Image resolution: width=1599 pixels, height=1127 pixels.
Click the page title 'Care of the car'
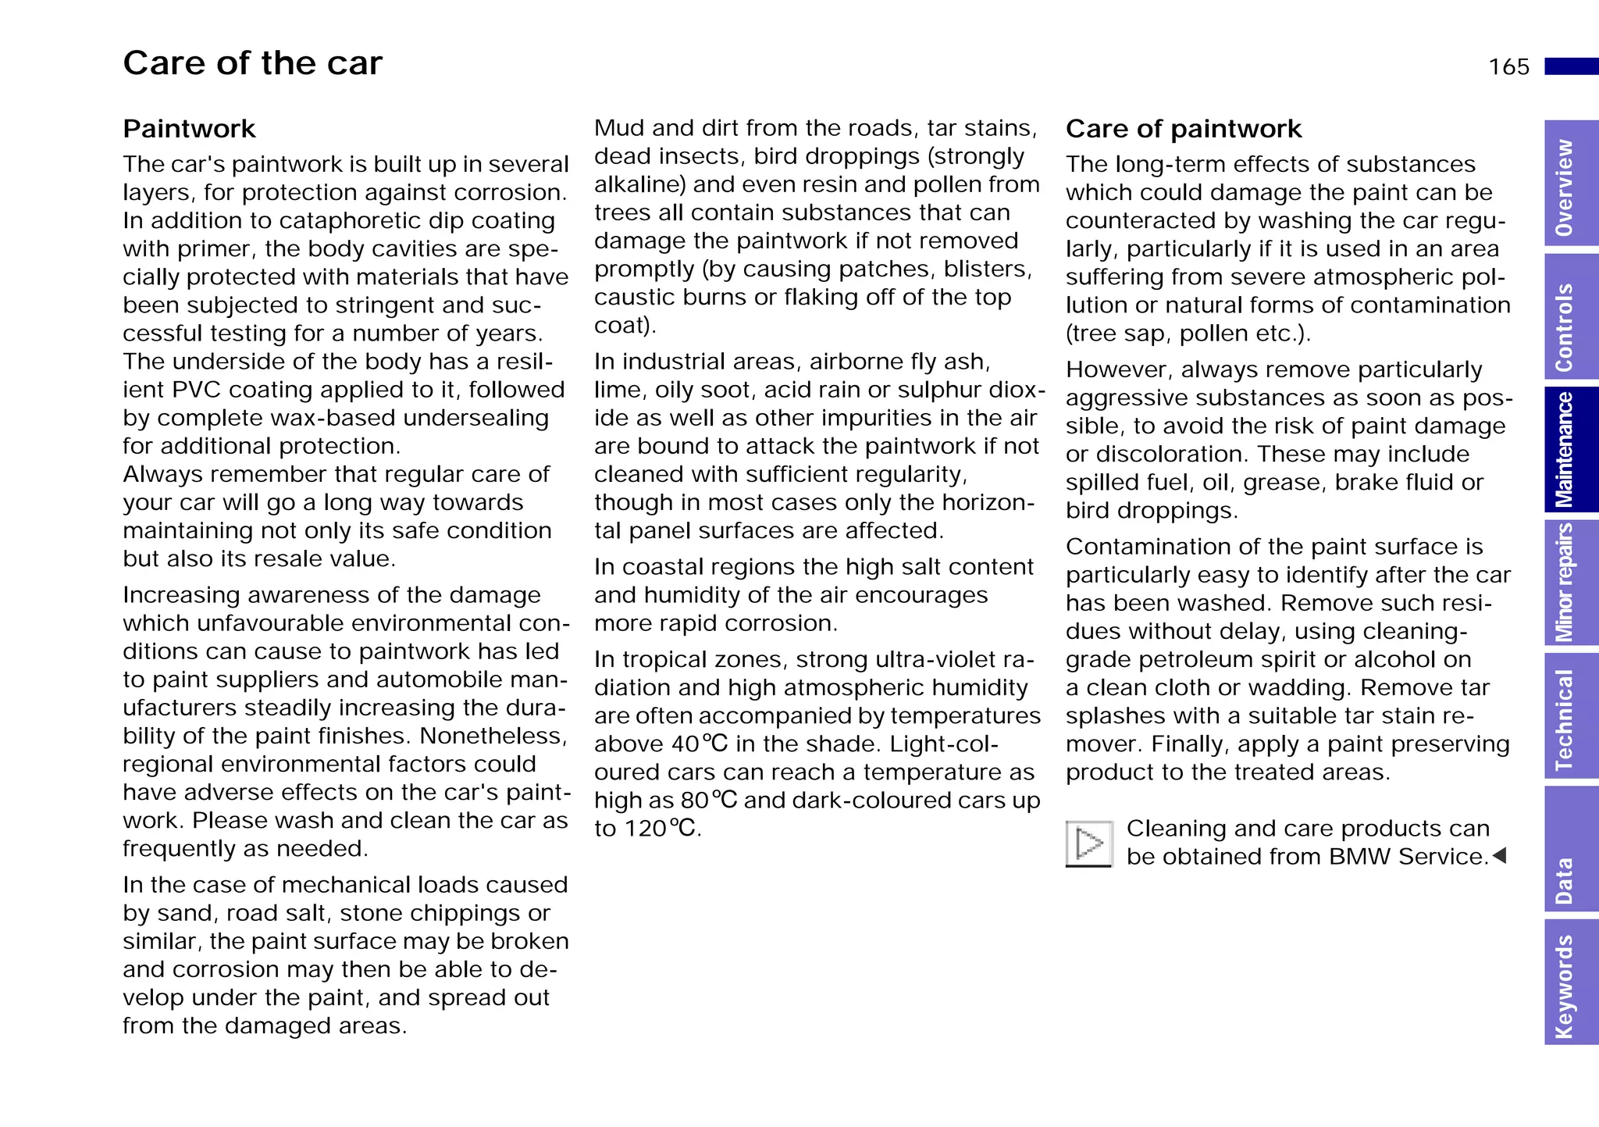click(252, 63)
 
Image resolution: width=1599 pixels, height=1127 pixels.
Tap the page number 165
click(1508, 67)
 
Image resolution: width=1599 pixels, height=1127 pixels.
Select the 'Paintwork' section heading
click(189, 129)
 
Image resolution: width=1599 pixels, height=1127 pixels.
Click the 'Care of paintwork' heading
click(1183, 129)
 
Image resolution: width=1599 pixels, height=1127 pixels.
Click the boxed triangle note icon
click(1088, 843)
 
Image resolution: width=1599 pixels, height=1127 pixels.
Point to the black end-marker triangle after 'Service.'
click(1500, 856)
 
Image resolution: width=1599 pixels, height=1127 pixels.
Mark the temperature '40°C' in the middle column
click(700, 744)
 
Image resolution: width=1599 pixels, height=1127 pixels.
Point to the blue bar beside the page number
click(1571, 66)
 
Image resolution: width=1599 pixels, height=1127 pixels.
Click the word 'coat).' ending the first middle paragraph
click(625, 326)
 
